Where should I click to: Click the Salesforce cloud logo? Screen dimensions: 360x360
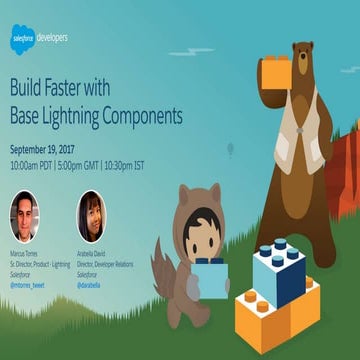pyautogui.click(x=22, y=37)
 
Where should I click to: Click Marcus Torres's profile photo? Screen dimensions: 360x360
pyautogui.click(x=27, y=217)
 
